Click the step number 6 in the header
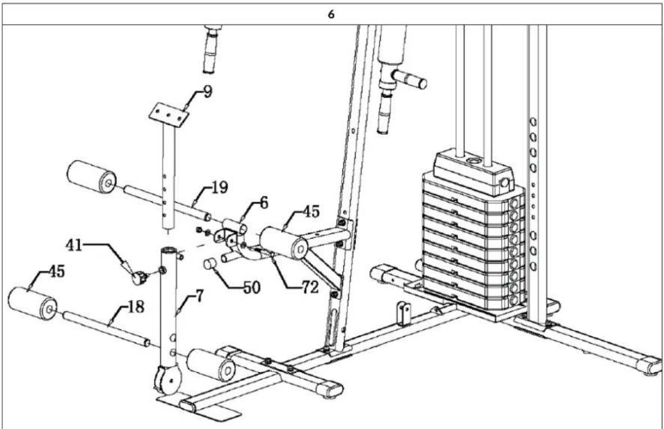331,15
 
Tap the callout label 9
207,92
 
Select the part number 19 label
219,188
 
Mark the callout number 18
135,307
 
